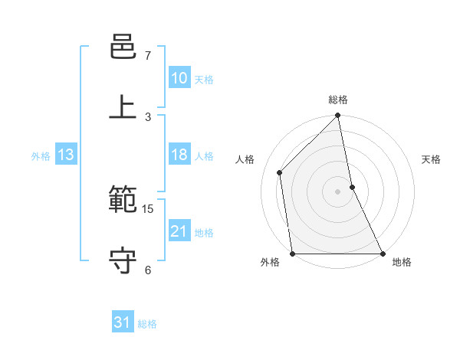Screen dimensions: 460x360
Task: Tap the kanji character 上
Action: [x=123, y=107]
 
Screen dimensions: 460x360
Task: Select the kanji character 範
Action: [x=123, y=200]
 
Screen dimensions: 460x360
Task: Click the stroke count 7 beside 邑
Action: [x=148, y=56]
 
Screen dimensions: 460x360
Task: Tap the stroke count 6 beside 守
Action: [x=148, y=270]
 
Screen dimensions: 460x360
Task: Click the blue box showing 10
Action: [x=179, y=78]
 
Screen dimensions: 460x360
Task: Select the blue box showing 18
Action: [x=179, y=155]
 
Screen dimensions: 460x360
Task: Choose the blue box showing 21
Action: [x=179, y=231]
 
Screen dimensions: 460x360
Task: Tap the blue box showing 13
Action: [x=66, y=155]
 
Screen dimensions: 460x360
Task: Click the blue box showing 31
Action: [x=123, y=322]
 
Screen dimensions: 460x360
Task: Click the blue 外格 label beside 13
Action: [x=41, y=156]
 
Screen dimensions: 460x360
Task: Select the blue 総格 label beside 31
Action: [x=147, y=324]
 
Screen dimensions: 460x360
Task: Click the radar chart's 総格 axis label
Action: [x=338, y=100]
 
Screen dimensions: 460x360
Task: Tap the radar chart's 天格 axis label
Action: [x=432, y=159]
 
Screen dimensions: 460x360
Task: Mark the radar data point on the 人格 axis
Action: [x=280, y=172]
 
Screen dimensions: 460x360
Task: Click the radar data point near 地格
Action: [x=382, y=253]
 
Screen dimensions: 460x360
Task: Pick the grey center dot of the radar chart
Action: [x=338, y=191]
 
